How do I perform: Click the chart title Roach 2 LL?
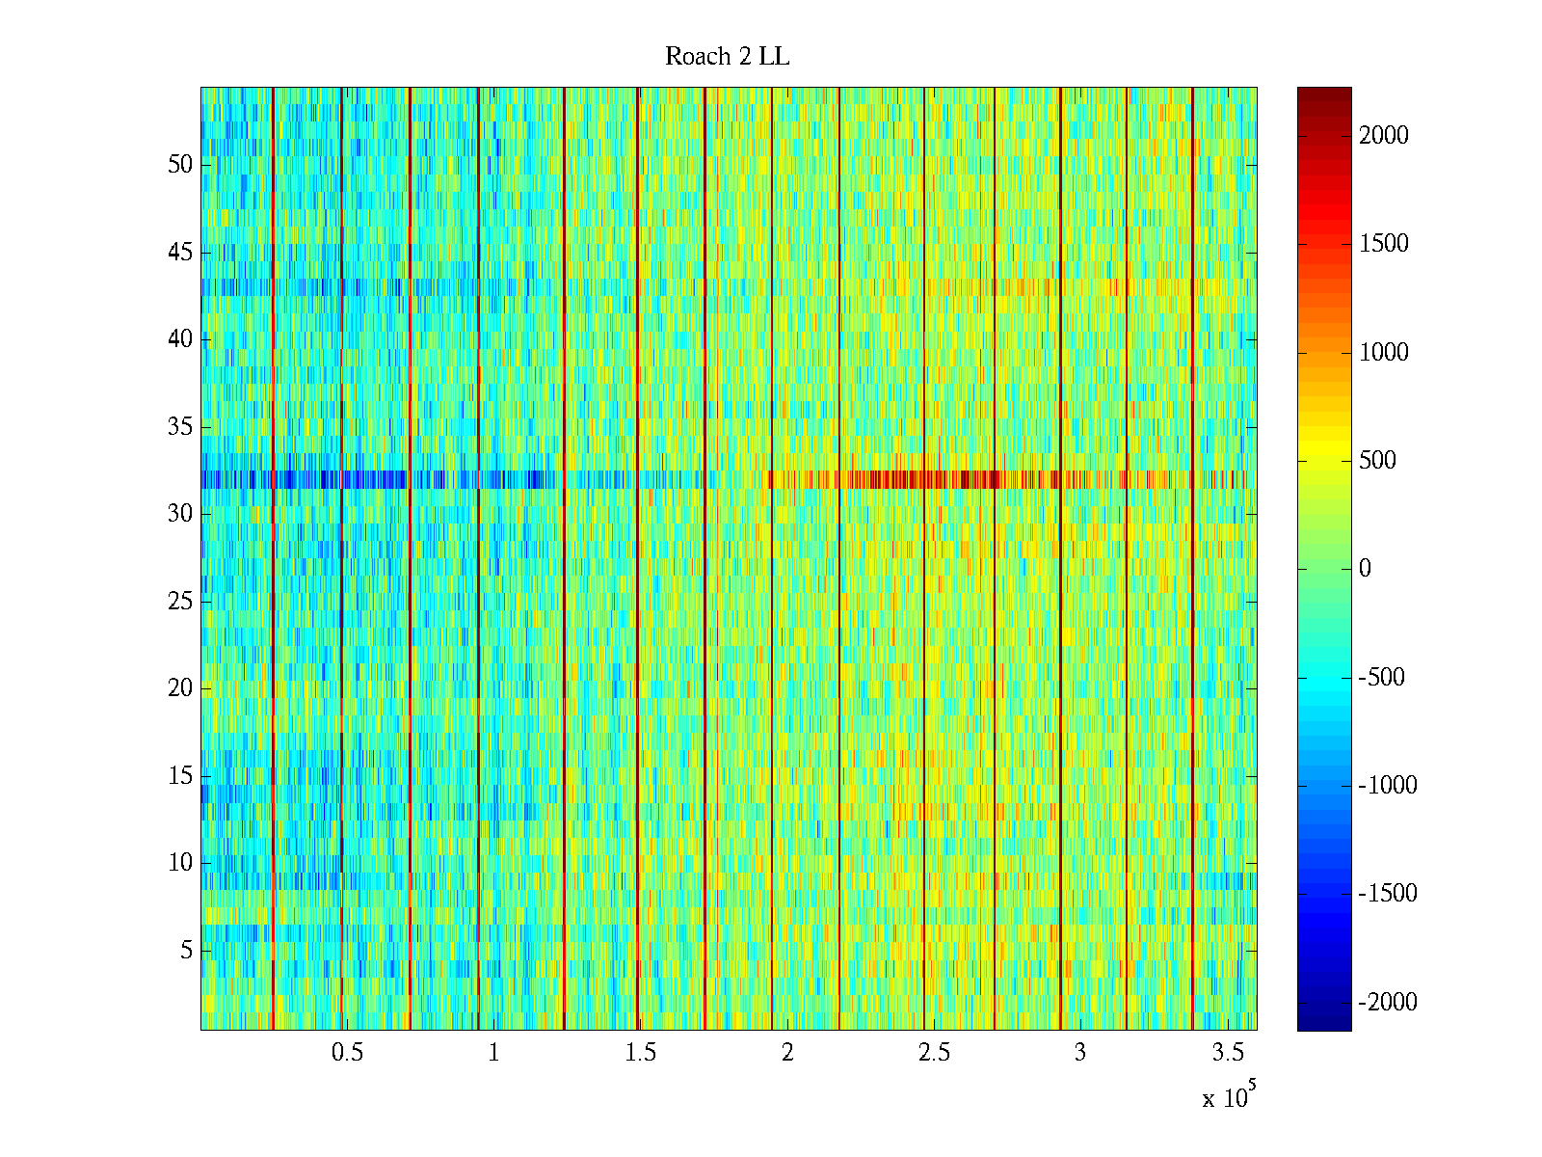pyautogui.click(x=727, y=57)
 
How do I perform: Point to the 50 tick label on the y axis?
pyautogui.click(x=180, y=165)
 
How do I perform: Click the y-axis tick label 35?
pyautogui.click(x=180, y=427)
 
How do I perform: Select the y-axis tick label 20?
pyautogui.click(x=180, y=688)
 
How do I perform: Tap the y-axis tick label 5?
pyautogui.click(x=186, y=951)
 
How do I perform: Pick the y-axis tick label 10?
pyautogui.click(x=180, y=863)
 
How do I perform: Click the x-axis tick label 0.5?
pyautogui.click(x=347, y=1053)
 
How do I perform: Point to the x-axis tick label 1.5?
pyautogui.click(x=641, y=1053)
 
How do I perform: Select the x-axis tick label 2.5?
pyautogui.click(x=934, y=1053)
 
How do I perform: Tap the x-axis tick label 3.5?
pyautogui.click(x=1228, y=1053)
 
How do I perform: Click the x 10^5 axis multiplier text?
pyautogui.click(x=1228, y=1097)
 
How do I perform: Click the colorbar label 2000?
pyautogui.click(x=1384, y=136)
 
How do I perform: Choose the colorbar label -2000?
pyautogui.click(x=1388, y=1003)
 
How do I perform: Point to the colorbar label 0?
pyautogui.click(x=1365, y=569)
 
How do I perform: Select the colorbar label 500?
pyautogui.click(x=1377, y=461)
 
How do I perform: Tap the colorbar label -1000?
pyautogui.click(x=1388, y=786)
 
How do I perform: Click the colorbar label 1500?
pyautogui.click(x=1384, y=244)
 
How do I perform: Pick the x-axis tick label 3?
pyautogui.click(x=1080, y=1053)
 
